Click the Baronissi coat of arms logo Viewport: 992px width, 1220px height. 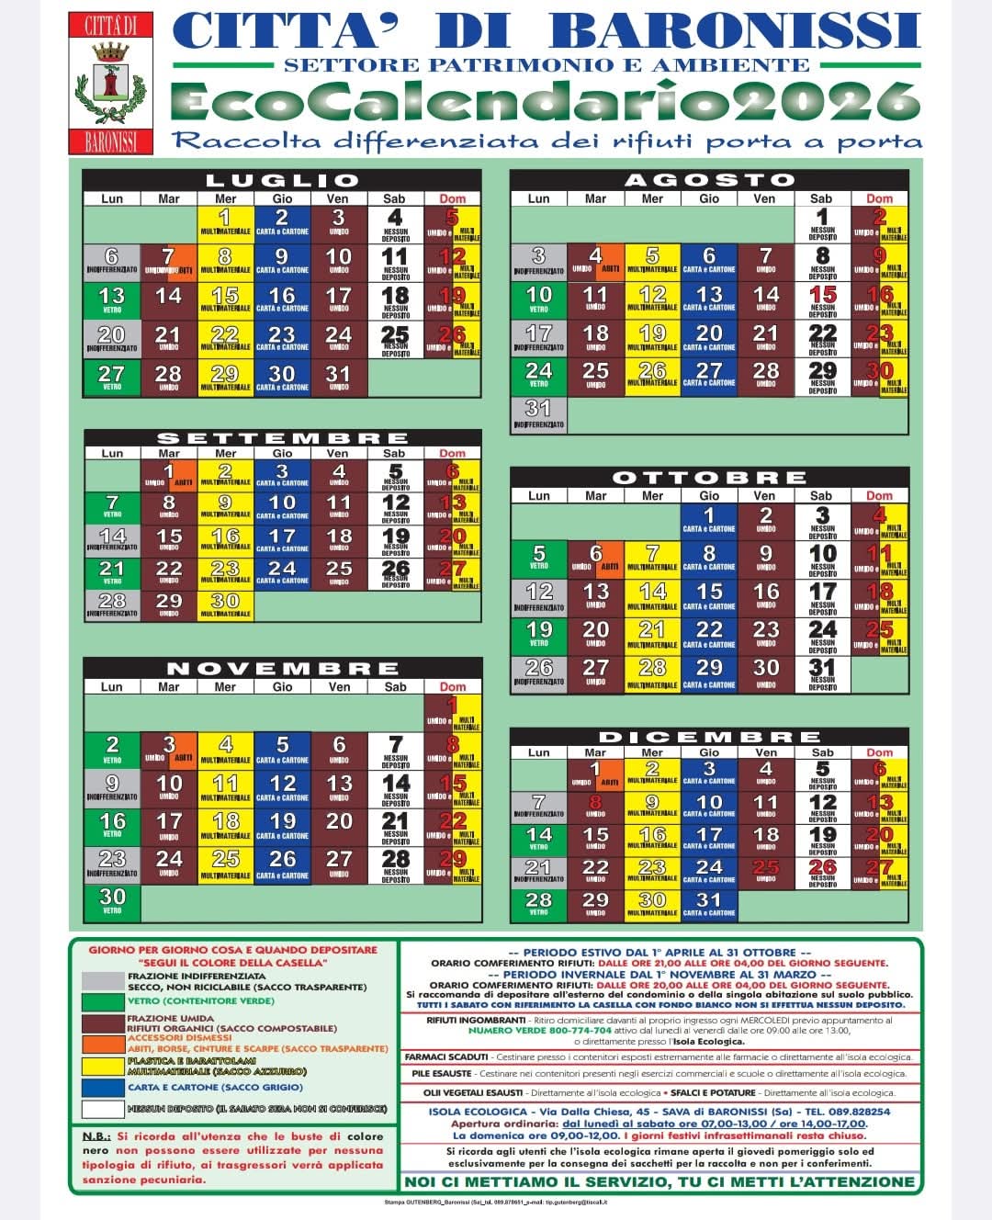(111, 84)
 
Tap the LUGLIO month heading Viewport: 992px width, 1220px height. (281, 181)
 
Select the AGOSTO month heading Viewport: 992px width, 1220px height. (709, 181)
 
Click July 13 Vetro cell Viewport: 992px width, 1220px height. (111, 299)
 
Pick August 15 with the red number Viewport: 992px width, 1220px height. (822, 299)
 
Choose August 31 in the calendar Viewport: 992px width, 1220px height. (538, 413)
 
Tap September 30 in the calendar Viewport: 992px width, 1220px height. (225, 604)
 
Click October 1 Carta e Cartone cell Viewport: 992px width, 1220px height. (709, 520)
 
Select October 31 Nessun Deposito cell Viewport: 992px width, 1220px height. (822, 673)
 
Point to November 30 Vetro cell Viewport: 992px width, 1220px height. (112, 900)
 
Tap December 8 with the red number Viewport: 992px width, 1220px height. (595, 807)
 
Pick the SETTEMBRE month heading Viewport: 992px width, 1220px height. (281, 438)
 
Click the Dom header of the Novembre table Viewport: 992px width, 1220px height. (452, 686)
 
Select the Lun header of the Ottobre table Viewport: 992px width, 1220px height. (538, 496)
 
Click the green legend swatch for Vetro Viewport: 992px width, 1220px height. (102, 1000)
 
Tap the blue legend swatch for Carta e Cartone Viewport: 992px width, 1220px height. (102, 1087)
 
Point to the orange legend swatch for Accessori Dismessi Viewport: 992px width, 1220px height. (102, 1044)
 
